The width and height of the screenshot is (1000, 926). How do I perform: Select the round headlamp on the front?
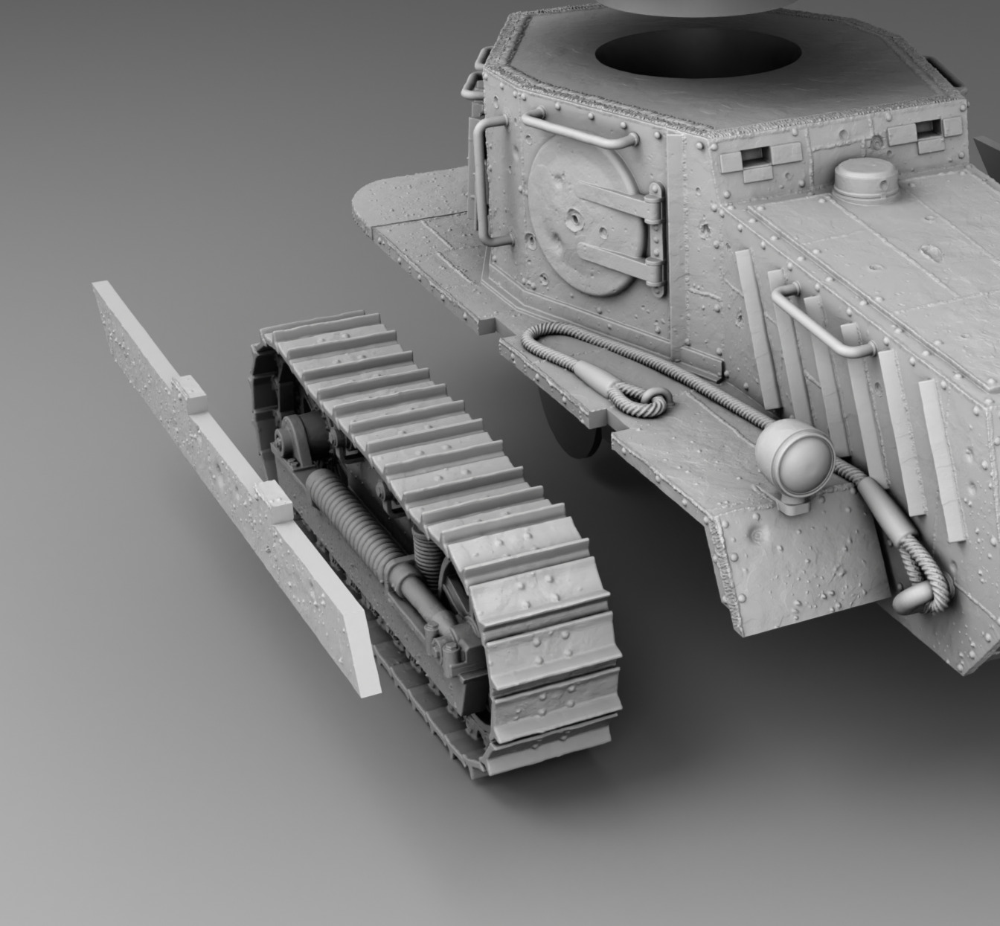pyautogui.click(x=795, y=455)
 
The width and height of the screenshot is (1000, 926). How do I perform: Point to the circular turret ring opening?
pyautogui.click(x=698, y=57)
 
